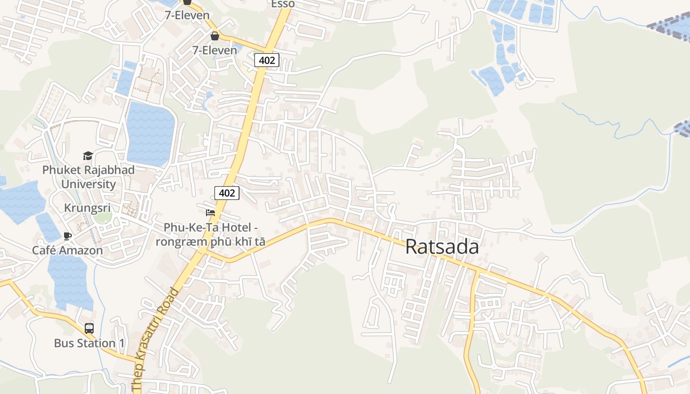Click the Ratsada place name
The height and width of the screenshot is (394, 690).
pyautogui.click(x=442, y=247)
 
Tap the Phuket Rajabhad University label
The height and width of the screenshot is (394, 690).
pyautogui.click(x=88, y=177)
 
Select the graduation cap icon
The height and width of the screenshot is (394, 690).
pyautogui.click(x=88, y=156)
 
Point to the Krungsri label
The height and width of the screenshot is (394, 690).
pyautogui.click(x=87, y=208)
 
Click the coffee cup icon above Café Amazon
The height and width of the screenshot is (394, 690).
pyautogui.click(x=68, y=236)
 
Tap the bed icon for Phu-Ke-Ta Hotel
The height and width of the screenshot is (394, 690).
pyautogui.click(x=210, y=213)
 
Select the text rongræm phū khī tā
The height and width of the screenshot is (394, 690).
pyautogui.click(x=210, y=242)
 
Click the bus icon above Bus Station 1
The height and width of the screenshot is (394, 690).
pyautogui.click(x=89, y=328)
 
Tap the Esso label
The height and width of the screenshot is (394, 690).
pyautogui.click(x=283, y=4)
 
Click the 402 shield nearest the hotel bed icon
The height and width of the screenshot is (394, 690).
pyautogui.click(x=227, y=193)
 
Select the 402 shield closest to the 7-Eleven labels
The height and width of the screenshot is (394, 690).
pyautogui.click(x=267, y=61)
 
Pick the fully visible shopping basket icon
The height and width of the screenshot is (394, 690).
pyautogui.click(x=215, y=35)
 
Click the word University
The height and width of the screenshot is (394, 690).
pyautogui.click(x=88, y=184)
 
